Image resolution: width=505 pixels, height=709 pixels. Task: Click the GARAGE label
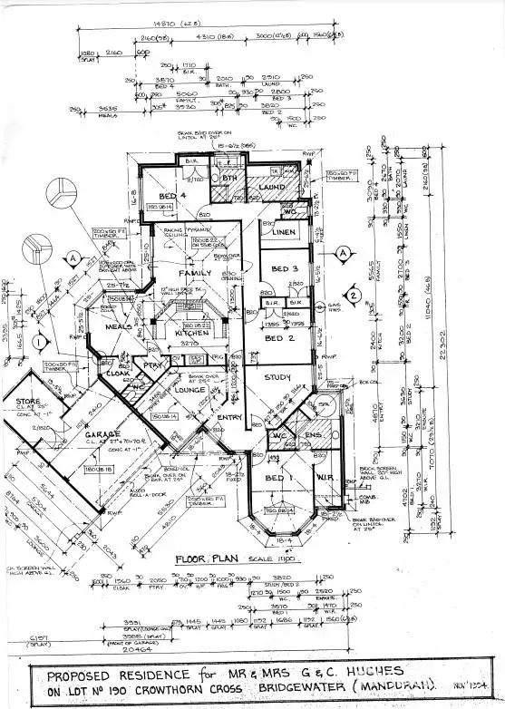click(102, 435)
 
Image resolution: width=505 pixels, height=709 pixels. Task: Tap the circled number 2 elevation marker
click(356, 293)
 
